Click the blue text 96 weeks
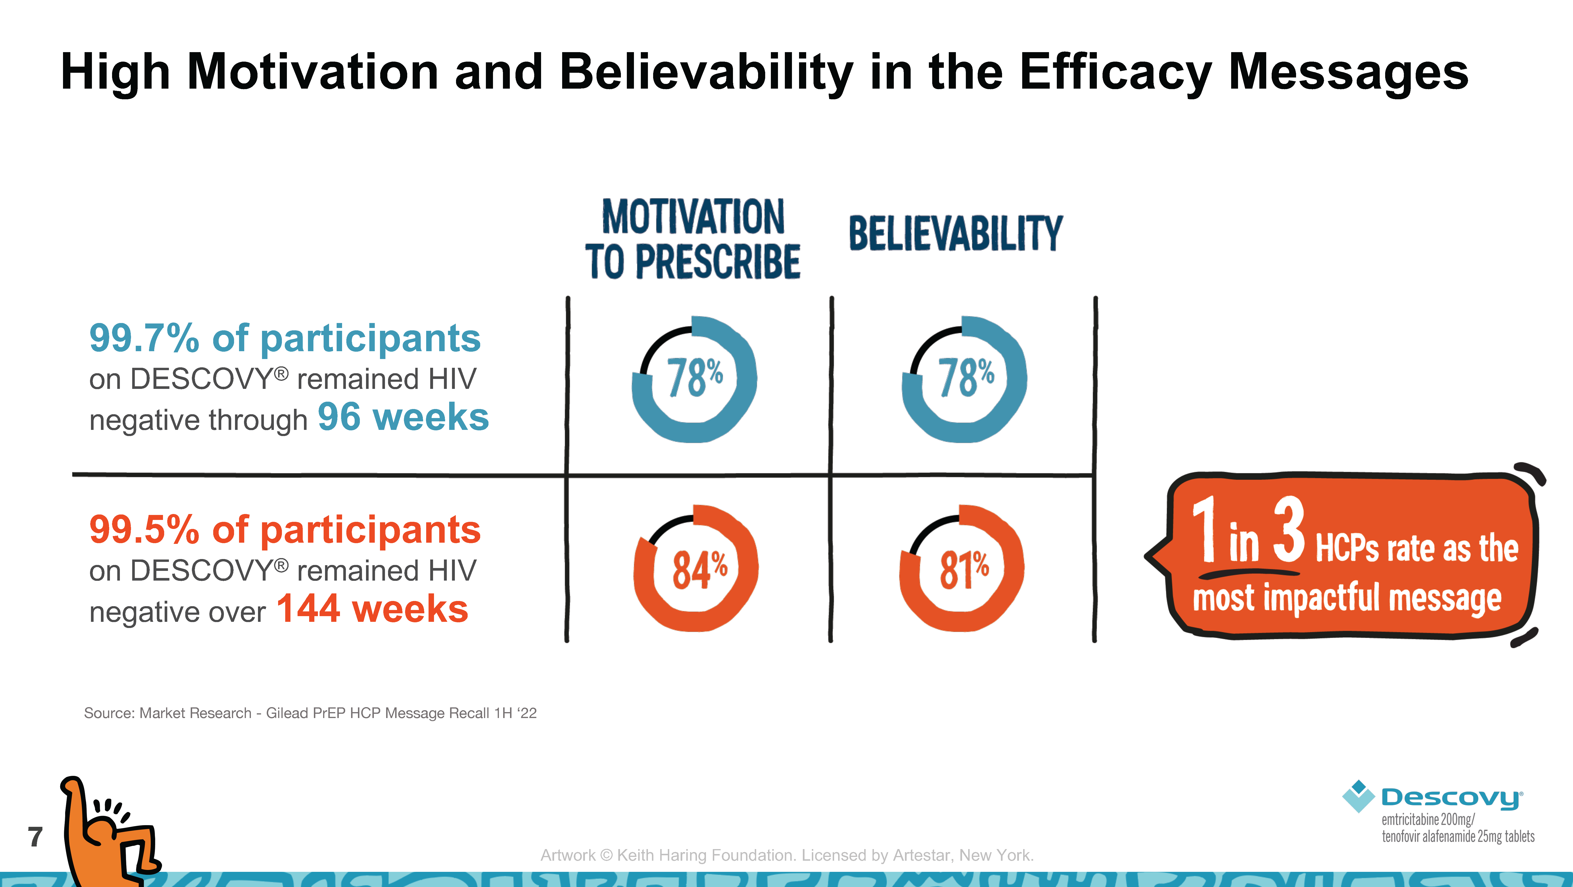[x=403, y=417]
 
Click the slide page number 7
[x=36, y=837]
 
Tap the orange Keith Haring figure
[x=110, y=831]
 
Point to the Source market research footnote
[x=310, y=713]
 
